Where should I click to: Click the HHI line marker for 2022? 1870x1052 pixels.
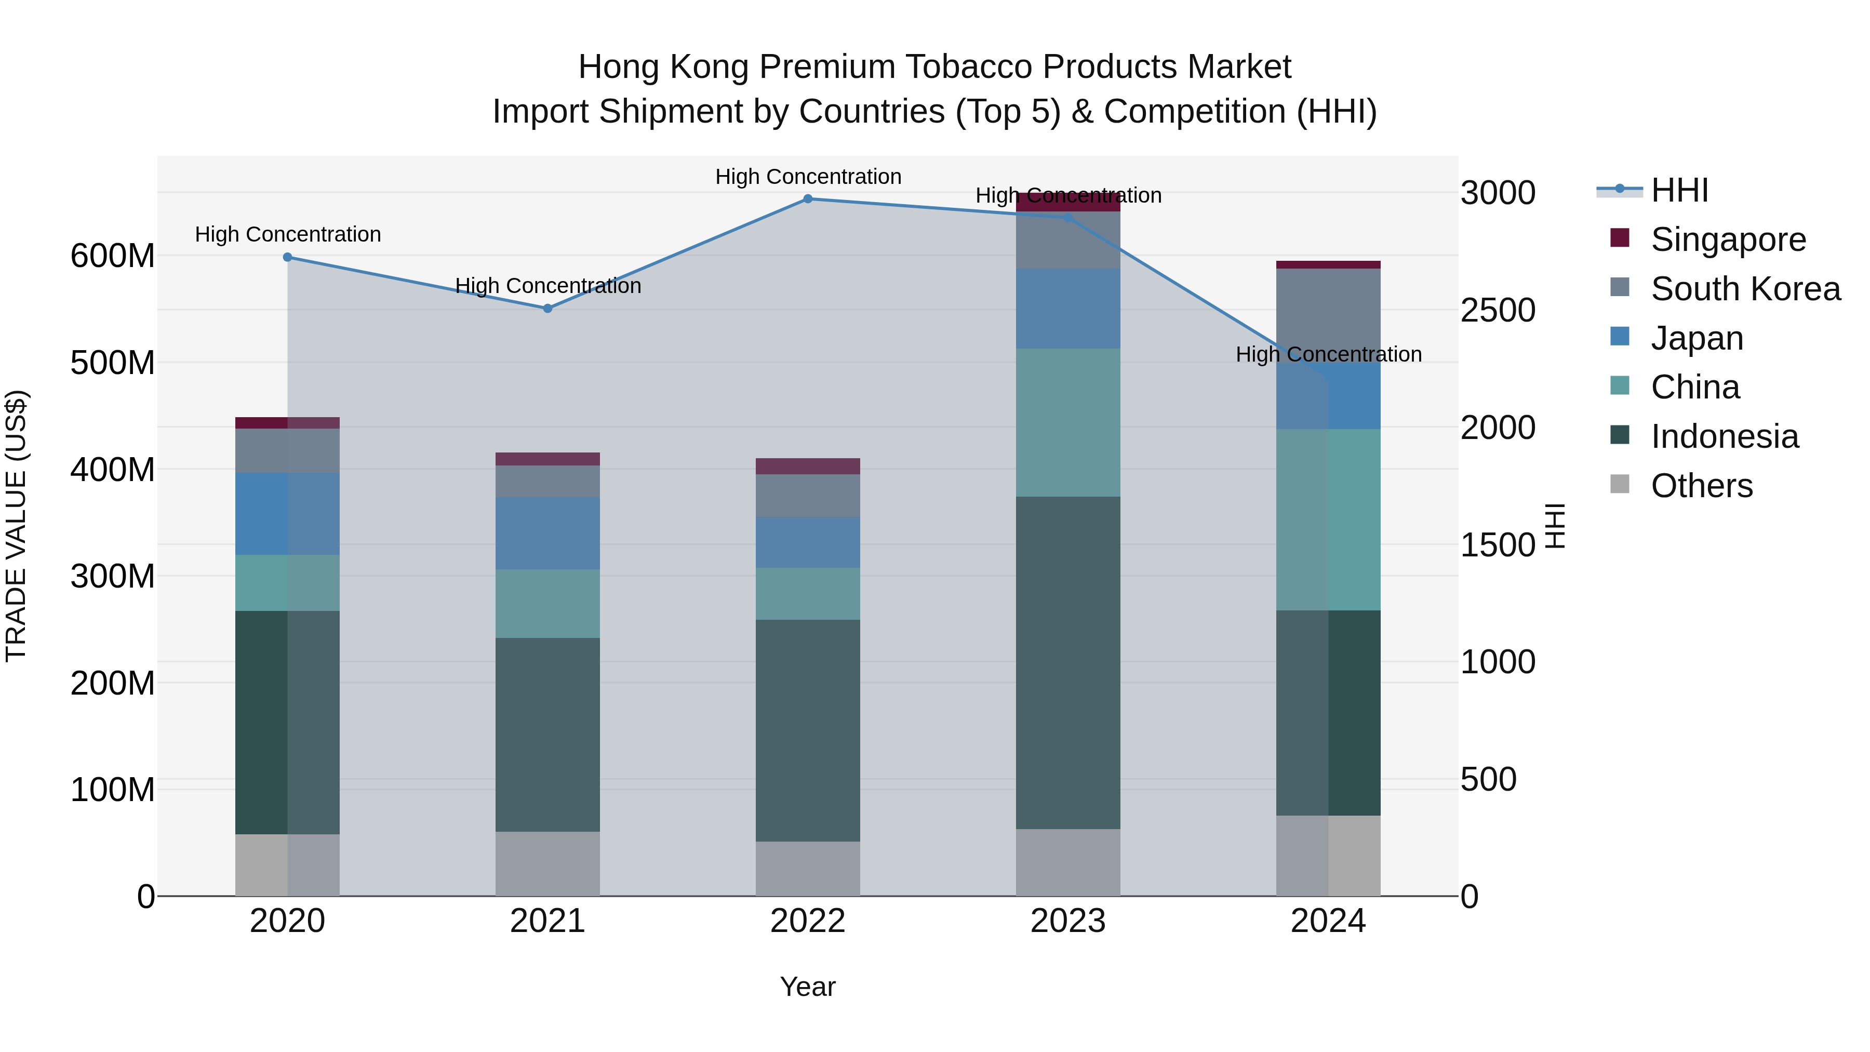[807, 199]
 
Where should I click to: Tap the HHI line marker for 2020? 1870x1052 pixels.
[287, 257]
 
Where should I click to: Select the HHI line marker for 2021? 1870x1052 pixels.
[547, 309]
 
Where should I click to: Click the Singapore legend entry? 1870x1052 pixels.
[1728, 239]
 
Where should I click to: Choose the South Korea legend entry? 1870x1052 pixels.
[1745, 289]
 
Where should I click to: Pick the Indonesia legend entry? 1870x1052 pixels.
[1724, 436]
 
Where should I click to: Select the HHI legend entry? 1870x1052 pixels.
[1679, 190]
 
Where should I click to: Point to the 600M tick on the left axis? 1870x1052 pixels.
[113, 256]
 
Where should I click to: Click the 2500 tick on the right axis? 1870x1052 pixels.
[1498, 310]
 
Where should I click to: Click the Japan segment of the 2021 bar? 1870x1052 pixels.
[547, 533]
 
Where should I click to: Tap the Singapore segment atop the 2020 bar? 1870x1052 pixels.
[287, 422]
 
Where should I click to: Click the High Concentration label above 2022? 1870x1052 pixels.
[808, 177]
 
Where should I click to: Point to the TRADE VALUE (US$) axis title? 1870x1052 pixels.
[16, 526]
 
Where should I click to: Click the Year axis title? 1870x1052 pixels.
[807, 987]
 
